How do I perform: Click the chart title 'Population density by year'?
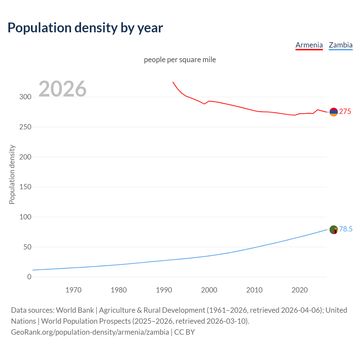(85, 28)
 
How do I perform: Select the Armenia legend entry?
(309, 45)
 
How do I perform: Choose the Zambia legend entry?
(340, 45)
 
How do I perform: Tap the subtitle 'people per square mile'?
(180, 60)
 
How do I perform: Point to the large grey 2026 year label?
(62, 89)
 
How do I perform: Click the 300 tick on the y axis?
(25, 97)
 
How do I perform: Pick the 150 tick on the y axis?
(25, 187)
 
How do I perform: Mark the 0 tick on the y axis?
(29, 277)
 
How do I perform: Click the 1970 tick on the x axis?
(73, 290)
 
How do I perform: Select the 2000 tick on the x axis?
(209, 290)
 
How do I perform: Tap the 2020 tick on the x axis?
(300, 290)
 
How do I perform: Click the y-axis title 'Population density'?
(12, 174)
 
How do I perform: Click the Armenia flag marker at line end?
(334, 112)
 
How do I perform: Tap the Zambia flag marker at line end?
(334, 230)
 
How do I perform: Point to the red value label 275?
(345, 112)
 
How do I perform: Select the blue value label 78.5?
(346, 229)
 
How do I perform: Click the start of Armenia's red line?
(173, 82)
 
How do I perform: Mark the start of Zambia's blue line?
(33, 270)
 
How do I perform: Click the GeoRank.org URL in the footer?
(90, 332)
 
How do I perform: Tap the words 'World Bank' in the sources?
(75, 310)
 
